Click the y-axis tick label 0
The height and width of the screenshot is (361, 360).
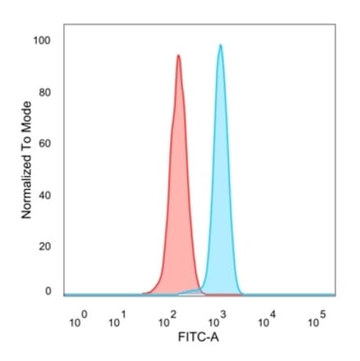coord(47,291)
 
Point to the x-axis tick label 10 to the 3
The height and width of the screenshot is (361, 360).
coord(219,320)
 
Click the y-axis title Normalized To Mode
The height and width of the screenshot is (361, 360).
coord(26,160)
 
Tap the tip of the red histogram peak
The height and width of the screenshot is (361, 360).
coord(178,56)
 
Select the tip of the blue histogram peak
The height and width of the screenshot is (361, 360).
coord(220,45)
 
